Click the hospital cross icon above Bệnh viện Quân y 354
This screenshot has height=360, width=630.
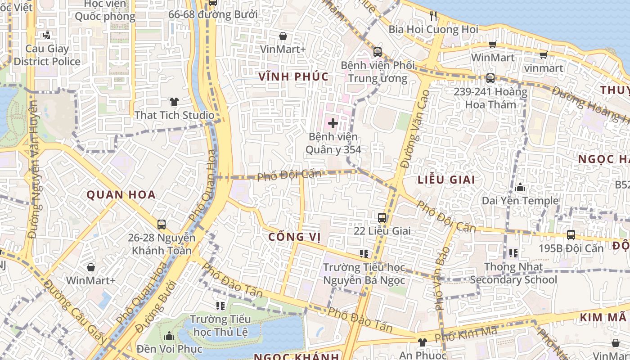tap(333, 123)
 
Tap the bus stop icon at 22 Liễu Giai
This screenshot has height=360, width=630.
tap(382, 218)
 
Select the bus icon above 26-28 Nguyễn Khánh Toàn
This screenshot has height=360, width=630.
tap(162, 224)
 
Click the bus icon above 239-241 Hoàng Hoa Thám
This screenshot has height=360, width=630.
tap(490, 78)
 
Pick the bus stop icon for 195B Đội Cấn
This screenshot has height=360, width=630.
tap(571, 234)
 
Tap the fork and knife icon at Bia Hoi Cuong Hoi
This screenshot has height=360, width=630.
tap(433, 16)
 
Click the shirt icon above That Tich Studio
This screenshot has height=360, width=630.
tap(174, 102)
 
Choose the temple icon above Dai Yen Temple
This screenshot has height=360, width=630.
tap(520, 187)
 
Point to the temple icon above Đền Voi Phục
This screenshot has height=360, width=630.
tap(169, 336)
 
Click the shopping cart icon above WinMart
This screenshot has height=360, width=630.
tap(492, 44)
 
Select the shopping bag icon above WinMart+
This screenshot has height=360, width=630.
tap(91, 267)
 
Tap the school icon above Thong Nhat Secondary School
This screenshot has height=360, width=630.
tap(513, 253)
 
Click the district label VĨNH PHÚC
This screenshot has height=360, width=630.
tap(293, 77)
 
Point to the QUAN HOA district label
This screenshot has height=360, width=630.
tap(121, 195)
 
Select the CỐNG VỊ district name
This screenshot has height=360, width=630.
tap(294, 237)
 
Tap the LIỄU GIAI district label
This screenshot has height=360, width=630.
tap(446, 180)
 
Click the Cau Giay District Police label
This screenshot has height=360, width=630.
tap(47, 55)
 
